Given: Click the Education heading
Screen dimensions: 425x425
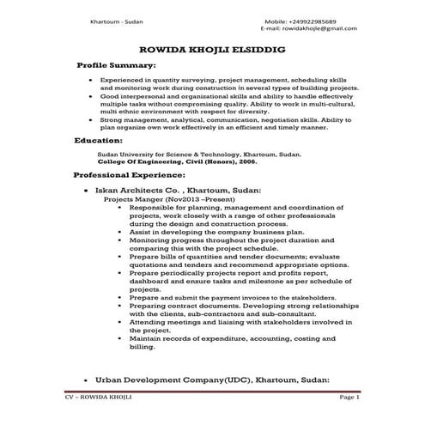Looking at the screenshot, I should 99,140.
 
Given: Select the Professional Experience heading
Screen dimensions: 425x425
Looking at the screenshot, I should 125,173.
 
